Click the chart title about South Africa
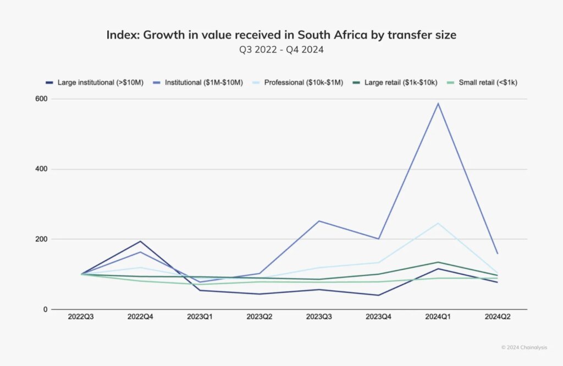point(281,35)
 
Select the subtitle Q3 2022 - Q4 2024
point(281,49)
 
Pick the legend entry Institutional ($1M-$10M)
point(203,82)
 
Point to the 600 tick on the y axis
point(41,99)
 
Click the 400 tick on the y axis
point(41,169)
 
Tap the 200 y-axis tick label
point(41,239)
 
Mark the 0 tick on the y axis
point(45,309)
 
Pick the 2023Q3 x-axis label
point(319,318)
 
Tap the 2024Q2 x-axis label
point(497,318)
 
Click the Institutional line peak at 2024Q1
point(438,103)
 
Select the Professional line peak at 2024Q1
point(438,223)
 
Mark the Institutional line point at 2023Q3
point(319,221)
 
